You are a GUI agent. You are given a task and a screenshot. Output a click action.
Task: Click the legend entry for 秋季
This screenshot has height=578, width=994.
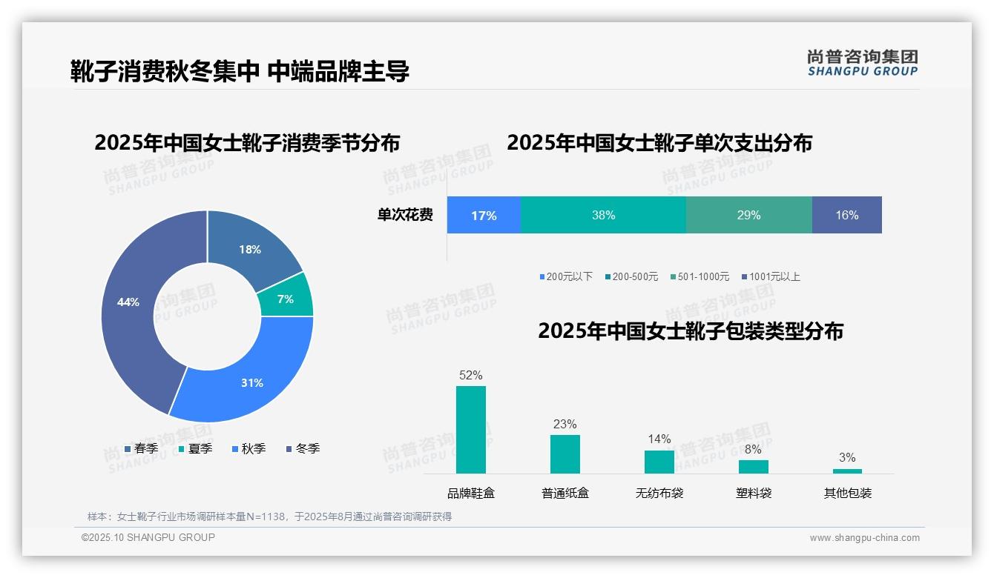249,448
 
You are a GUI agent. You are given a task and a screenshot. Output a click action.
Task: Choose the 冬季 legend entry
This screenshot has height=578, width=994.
303,448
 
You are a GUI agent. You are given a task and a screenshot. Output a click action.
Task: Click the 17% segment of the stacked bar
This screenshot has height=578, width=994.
484,215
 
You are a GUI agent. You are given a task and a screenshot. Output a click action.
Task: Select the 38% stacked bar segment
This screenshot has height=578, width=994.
603,215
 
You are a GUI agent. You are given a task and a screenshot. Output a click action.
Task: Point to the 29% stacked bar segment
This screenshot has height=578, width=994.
748,215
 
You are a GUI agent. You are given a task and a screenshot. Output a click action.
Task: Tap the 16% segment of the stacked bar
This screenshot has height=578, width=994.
846,215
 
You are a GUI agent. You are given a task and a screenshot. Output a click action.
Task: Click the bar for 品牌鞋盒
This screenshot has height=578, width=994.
471,430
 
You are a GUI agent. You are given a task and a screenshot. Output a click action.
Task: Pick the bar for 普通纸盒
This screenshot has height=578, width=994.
565,454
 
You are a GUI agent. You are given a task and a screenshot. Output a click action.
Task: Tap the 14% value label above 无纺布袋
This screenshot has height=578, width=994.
659,439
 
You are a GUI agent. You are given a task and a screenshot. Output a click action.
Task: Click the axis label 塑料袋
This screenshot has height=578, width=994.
754,493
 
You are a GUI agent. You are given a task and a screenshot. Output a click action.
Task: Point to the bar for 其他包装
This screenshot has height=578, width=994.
847,471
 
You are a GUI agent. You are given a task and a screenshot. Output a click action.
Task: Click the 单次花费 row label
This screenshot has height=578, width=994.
405,215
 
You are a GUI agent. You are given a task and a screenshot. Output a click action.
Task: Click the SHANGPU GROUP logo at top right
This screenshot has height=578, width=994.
862,63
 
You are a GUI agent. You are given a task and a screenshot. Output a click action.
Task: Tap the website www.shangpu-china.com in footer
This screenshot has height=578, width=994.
864,538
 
